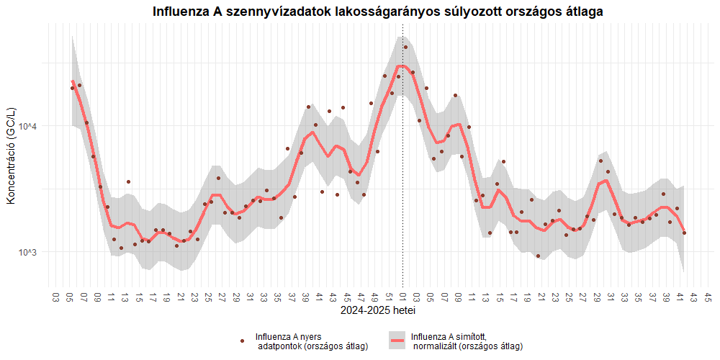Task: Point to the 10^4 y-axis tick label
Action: point(27,127)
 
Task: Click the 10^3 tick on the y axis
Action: point(27,253)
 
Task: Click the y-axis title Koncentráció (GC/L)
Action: point(11,155)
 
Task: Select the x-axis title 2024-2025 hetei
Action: point(377,312)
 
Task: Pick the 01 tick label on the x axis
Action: point(402,297)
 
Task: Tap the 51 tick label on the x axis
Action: point(389,297)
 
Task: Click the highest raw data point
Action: point(405,48)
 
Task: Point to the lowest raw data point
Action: point(538,256)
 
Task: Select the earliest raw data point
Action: point(72,88)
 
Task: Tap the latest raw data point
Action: point(684,233)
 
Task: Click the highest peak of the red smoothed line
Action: point(400,66)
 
